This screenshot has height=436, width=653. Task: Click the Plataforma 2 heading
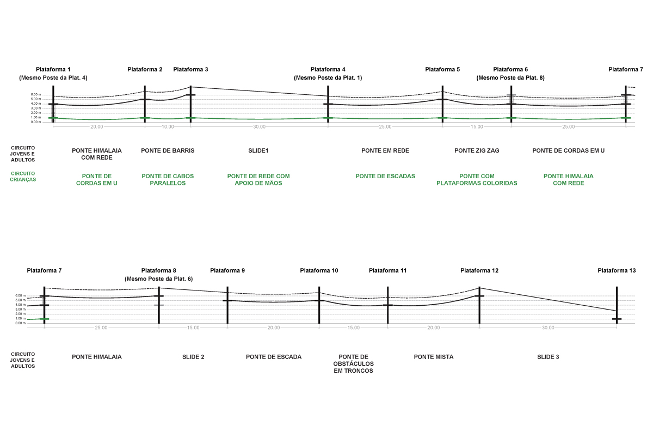click(x=145, y=70)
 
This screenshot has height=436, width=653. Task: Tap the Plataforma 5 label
click(x=442, y=70)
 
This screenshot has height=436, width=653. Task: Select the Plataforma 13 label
click(x=617, y=271)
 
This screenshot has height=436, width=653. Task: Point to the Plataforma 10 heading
click(x=319, y=271)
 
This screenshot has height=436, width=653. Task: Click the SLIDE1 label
click(x=258, y=150)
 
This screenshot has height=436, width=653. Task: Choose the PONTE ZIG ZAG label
click(x=477, y=150)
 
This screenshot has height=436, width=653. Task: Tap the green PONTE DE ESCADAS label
click(x=385, y=177)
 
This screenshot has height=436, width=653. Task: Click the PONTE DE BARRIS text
click(x=168, y=150)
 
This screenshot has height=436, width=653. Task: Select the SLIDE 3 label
click(x=548, y=357)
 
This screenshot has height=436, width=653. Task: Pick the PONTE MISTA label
click(x=434, y=357)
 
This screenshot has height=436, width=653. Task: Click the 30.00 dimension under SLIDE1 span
click(x=259, y=127)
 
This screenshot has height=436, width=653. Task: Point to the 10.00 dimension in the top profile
click(x=168, y=127)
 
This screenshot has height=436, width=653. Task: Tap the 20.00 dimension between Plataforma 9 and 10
click(x=273, y=328)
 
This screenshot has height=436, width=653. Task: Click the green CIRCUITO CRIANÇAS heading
click(x=23, y=177)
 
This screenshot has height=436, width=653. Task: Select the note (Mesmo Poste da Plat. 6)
click(x=158, y=279)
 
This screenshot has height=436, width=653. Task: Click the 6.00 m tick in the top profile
click(x=36, y=95)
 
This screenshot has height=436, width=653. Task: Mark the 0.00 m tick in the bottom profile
click(x=21, y=323)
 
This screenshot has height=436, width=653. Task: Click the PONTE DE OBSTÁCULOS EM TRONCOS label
click(x=353, y=364)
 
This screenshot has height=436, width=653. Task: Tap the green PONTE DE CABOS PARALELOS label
click(x=168, y=180)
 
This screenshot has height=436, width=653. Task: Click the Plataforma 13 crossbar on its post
click(x=617, y=319)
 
